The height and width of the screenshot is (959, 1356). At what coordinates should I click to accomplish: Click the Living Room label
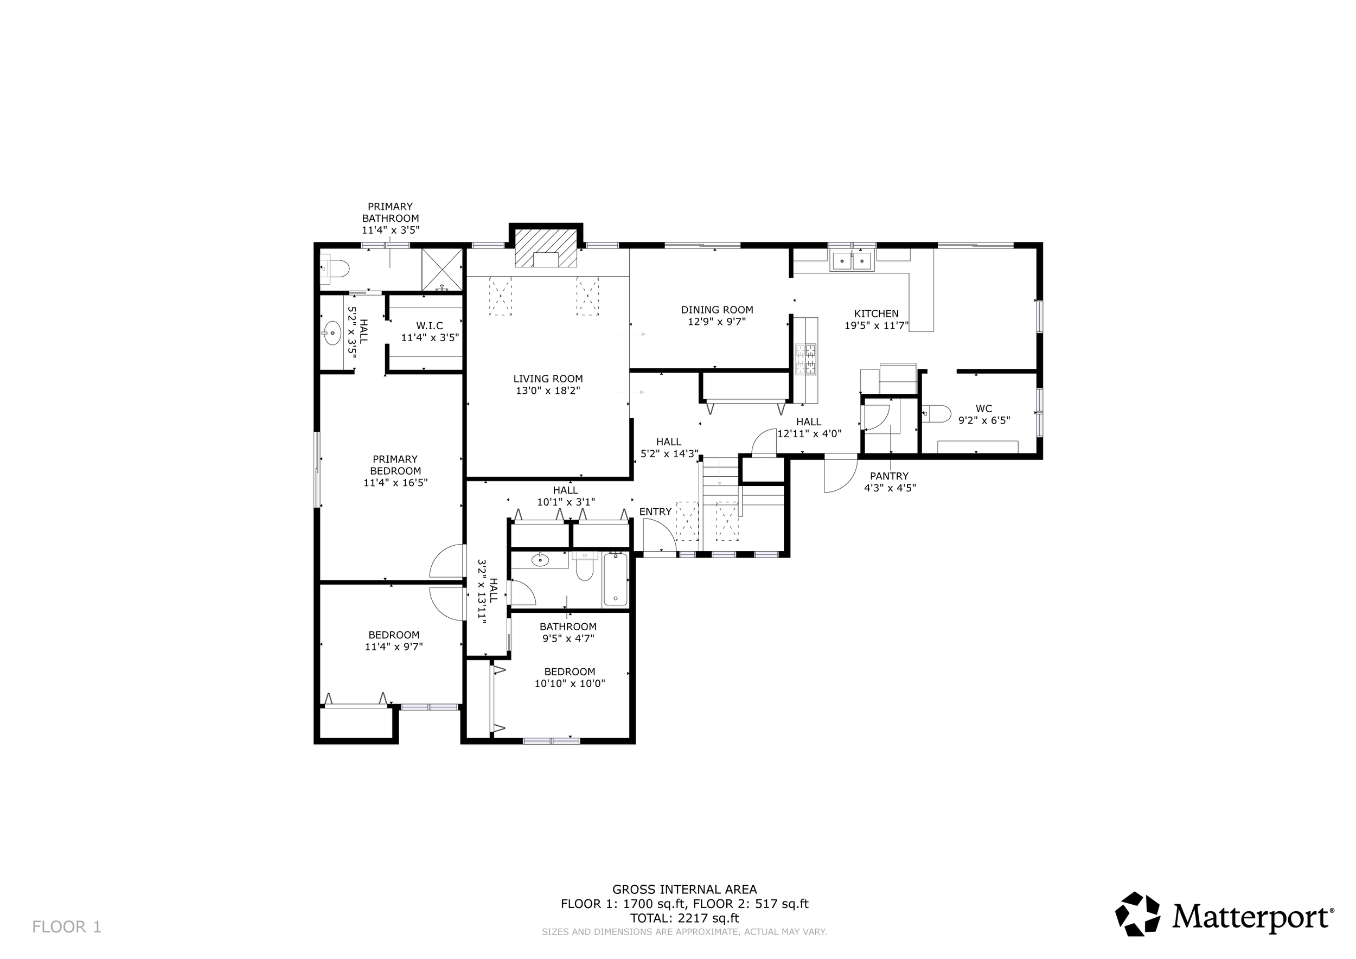click(x=547, y=379)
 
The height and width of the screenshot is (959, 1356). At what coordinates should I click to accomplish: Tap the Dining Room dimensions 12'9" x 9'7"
click(x=717, y=322)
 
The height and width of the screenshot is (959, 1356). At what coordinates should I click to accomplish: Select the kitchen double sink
click(x=852, y=260)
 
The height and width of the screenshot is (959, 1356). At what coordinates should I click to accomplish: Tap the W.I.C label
click(x=430, y=325)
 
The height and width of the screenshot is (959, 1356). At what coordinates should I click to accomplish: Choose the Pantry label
click(x=889, y=476)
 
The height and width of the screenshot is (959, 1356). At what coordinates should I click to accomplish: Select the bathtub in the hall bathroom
click(x=616, y=579)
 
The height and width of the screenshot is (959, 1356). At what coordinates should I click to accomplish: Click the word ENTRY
click(x=655, y=512)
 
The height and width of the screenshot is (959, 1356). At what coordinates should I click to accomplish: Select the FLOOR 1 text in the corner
click(x=67, y=926)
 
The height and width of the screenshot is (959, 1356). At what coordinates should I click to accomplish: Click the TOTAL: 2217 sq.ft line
click(x=684, y=918)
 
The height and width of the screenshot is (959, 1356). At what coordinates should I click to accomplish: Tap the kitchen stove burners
click(x=807, y=360)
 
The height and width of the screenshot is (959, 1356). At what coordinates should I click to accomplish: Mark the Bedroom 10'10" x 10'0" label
click(x=570, y=672)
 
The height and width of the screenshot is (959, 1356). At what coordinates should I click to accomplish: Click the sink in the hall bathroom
click(x=540, y=559)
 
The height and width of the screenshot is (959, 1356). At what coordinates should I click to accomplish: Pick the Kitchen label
click(x=876, y=314)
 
